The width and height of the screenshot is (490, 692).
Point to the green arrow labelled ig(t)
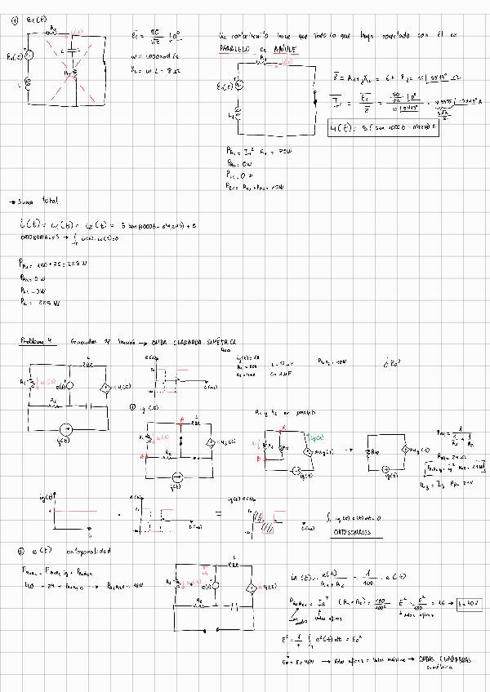[311, 438]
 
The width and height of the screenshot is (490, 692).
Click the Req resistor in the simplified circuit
[376, 451]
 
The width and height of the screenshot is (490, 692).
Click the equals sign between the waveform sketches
[218, 513]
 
